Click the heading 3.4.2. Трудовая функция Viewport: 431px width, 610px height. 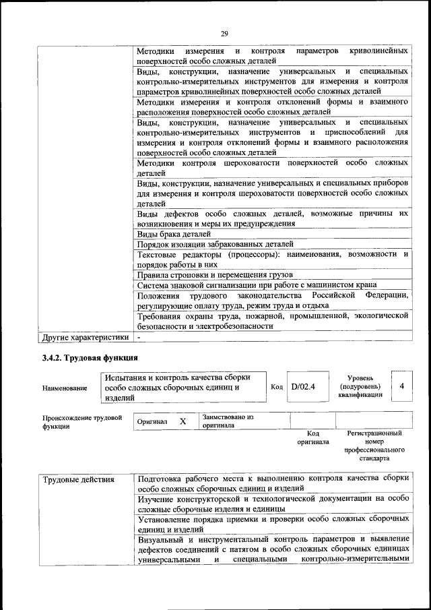[x=90, y=357]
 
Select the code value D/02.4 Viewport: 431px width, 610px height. [x=304, y=387]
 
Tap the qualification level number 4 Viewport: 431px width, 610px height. [x=401, y=387]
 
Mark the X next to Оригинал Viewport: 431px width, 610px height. [x=183, y=421]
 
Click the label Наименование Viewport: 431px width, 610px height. [x=65, y=388]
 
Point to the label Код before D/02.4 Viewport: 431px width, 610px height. [x=277, y=387]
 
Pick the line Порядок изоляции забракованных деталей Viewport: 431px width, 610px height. [x=215, y=244]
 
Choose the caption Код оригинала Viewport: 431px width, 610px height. [x=312, y=438]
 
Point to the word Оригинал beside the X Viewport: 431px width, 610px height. [x=152, y=421]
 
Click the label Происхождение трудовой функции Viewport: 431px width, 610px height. [x=81, y=422]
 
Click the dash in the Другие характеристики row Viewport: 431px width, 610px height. [x=139, y=336]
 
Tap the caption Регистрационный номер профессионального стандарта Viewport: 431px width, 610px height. [x=374, y=446]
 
